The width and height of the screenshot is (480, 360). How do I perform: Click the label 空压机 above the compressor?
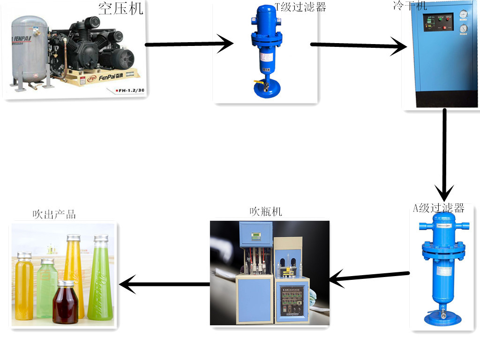(x=120, y=8)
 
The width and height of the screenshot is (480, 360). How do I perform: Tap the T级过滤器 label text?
(x=300, y=7)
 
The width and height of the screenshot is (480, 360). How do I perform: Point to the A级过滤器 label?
(x=438, y=208)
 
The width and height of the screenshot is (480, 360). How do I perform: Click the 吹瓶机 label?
(x=266, y=211)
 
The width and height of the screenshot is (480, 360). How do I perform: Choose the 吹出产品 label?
(x=54, y=215)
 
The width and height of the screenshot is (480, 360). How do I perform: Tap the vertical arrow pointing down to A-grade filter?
(x=444, y=155)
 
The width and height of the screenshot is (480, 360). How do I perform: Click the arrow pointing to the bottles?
(x=164, y=284)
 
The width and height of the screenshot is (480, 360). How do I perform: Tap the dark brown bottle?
(x=65, y=304)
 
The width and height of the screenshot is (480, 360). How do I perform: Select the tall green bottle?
(x=100, y=281)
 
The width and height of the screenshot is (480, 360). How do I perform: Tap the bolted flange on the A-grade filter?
(x=443, y=252)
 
